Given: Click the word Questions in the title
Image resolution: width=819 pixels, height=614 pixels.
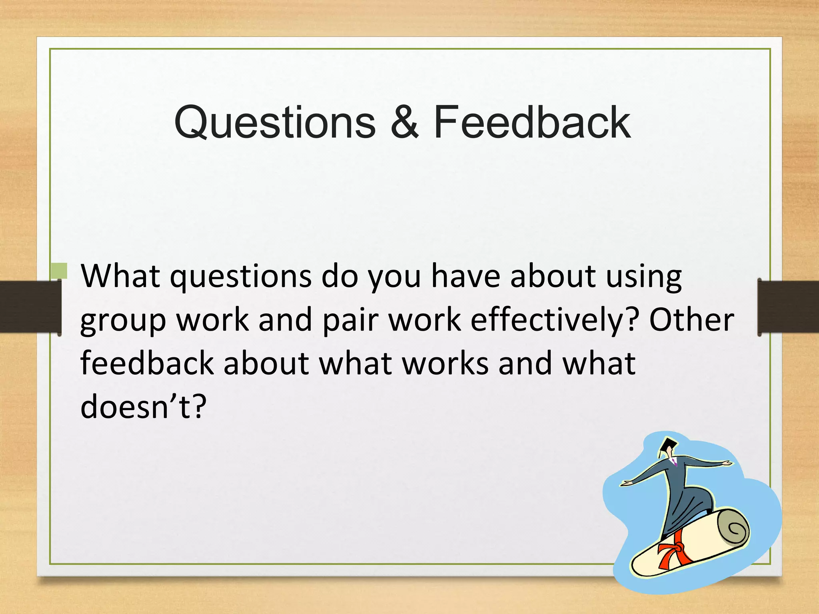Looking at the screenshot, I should coord(275,122).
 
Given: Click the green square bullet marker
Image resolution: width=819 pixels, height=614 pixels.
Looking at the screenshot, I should coord(59,271).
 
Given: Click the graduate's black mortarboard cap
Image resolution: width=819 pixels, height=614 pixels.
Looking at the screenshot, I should coord(668,445).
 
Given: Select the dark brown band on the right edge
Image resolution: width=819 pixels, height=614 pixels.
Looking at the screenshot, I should coord(788,307).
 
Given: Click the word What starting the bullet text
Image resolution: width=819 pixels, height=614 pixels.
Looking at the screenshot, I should coord(120,277).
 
